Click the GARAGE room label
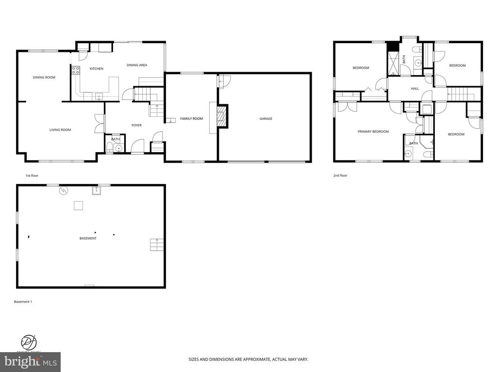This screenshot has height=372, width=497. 265,119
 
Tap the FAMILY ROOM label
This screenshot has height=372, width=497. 191,119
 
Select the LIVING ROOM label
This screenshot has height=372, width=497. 60,130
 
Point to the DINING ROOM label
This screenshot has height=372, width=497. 44,77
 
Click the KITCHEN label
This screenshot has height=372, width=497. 96,69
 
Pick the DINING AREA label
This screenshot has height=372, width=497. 137,65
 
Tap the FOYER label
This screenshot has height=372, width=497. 136,125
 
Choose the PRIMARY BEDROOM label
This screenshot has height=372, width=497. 373,132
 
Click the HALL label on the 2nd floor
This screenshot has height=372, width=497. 415,89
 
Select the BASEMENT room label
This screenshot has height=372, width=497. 88,238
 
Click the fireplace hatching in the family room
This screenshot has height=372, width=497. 221,117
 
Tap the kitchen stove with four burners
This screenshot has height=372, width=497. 76,72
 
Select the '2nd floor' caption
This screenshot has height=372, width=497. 340,175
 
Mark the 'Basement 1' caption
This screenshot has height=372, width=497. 23,302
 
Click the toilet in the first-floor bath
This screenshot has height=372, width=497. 109,148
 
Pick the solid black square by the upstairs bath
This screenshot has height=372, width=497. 392,46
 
